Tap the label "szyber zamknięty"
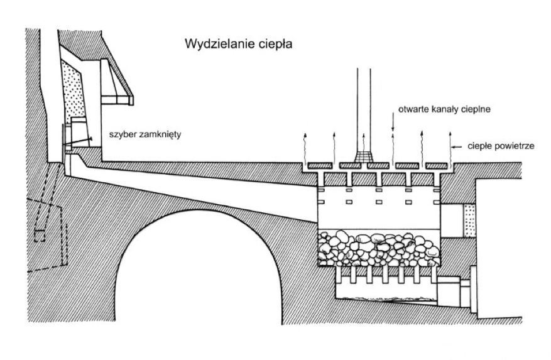(x=145, y=134)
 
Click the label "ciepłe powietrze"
(x=501, y=146)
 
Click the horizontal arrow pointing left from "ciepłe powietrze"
(x=457, y=147)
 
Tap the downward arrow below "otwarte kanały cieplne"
(x=393, y=125)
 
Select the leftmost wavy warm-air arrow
(x=305, y=148)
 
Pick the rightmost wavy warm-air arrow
(x=450, y=149)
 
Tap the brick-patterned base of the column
(x=364, y=157)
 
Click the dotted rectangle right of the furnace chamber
(x=469, y=221)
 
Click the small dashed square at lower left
(x=40, y=236)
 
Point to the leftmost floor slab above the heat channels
(x=320, y=165)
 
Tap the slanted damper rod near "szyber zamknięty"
(x=77, y=142)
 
